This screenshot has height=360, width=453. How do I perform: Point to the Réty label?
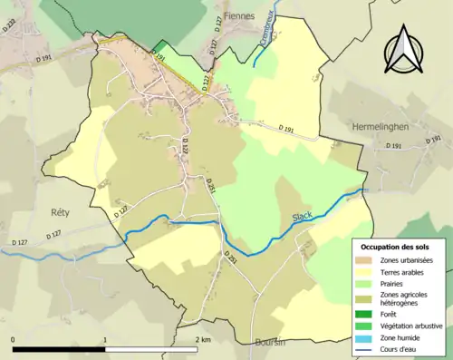pyautogui.click(x=48, y=210)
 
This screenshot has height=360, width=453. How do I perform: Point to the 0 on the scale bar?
pyautogui.click(x=14, y=340)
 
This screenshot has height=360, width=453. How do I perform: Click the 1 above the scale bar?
pyautogui.click(x=106, y=340)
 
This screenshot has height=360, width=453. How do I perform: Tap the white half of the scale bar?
pyautogui.click(x=152, y=350)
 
